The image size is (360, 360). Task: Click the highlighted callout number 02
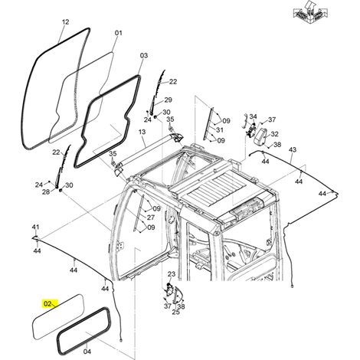pyautogui.click(x=47, y=303)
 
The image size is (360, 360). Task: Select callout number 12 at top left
pyautogui.click(x=66, y=22)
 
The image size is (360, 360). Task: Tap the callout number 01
pyautogui.click(x=119, y=33)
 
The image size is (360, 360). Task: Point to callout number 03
pyautogui.click(x=144, y=55)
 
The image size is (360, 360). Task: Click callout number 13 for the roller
pyautogui.click(x=142, y=132)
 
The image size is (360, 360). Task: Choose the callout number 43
pyautogui.click(x=293, y=149)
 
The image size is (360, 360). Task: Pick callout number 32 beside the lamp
pyautogui.click(x=274, y=134)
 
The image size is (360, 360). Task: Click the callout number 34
pyautogui.click(x=253, y=116)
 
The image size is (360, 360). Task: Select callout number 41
pyautogui.click(x=35, y=227)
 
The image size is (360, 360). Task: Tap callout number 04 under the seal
pyautogui.click(x=87, y=352)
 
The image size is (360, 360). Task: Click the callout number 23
pyautogui.click(x=172, y=274)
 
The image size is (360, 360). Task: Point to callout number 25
pyautogui.click(x=176, y=312)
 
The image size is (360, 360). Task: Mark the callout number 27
pyautogui.click(x=151, y=218)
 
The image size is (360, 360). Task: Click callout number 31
pyautogui.click(x=220, y=129)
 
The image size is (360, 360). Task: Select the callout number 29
pyautogui.click(x=168, y=100)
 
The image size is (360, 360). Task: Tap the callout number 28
pyautogui.click(x=46, y=191)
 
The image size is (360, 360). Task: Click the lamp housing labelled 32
pyautogui.click(x=260, y=137)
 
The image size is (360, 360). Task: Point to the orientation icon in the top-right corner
pyautogui.click(x=310, y=13)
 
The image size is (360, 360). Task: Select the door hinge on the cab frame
pyautogui.click(x=120, y=245)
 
